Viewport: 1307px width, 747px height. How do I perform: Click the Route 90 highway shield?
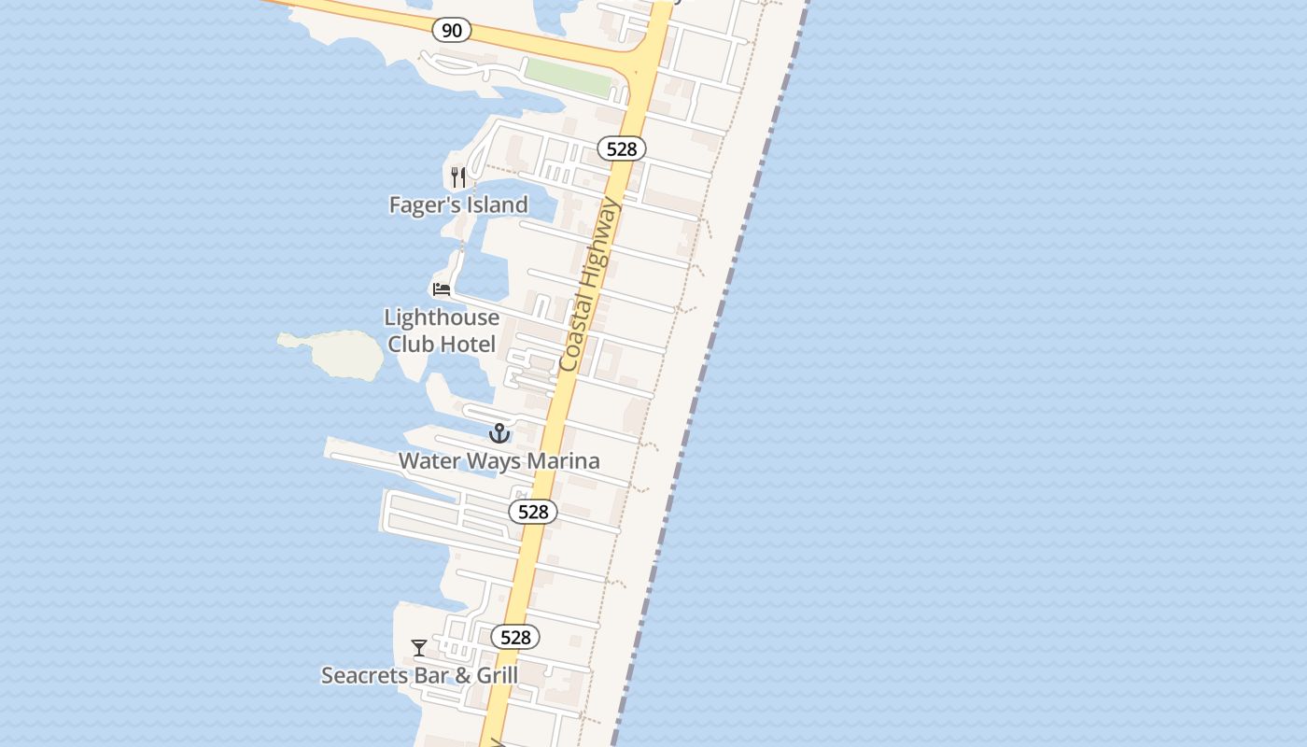[452, 31]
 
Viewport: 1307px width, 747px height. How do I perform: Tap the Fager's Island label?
[458, 204]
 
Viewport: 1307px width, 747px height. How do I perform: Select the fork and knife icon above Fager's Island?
[458, 176]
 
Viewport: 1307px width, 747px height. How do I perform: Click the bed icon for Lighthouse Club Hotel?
[442, 289]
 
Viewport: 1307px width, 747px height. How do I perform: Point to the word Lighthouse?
[442, 317]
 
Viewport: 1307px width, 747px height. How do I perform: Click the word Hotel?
[468, 344]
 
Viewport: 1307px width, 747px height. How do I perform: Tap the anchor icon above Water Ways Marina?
[499, 433]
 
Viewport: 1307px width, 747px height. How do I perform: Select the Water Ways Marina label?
[499, 460]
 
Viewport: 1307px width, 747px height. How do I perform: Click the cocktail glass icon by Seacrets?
[419, 647]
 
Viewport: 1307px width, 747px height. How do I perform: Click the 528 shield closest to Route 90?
[622, 148]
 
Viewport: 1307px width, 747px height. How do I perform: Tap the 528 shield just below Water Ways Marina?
[533, 512]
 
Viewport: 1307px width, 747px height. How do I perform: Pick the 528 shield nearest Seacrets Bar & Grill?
[515, 637]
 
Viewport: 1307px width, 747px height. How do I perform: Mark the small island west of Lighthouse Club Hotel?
[336, 354]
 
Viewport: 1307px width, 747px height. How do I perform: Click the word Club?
[411, 344]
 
